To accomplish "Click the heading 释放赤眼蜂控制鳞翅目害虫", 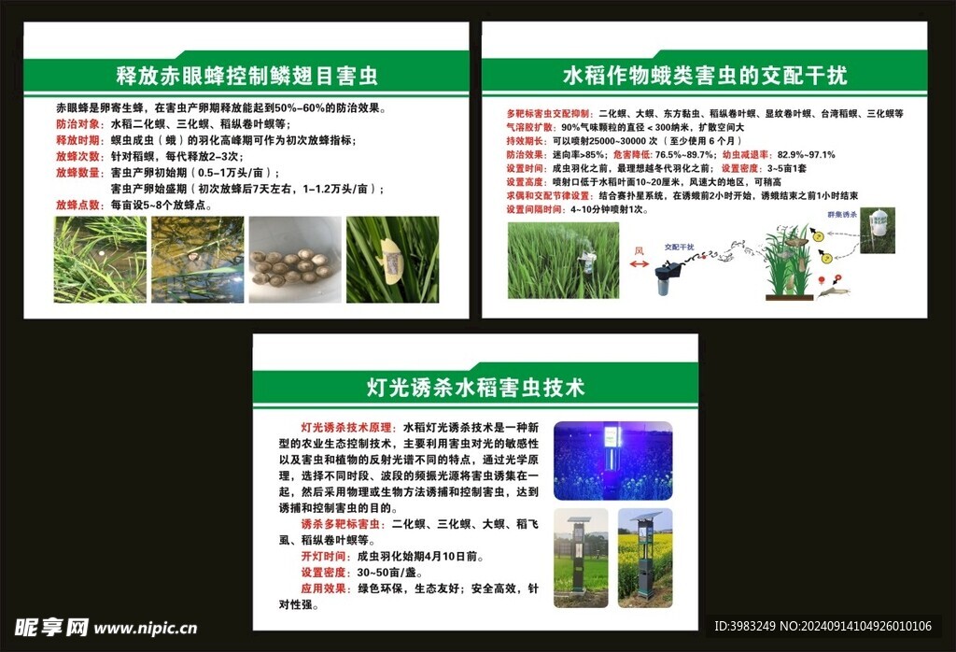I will [x=246, y=74].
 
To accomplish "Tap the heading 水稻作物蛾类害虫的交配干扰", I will [x=705, y=74].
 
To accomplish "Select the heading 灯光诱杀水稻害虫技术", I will [x=475, y=386].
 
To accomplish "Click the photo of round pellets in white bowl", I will [x=294, y=260].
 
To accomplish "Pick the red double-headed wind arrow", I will [x=640, y=265].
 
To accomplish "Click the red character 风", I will [x=640, y=249].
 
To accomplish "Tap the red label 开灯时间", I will [x=324, y=555].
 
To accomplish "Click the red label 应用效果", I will [x=324, y=588].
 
